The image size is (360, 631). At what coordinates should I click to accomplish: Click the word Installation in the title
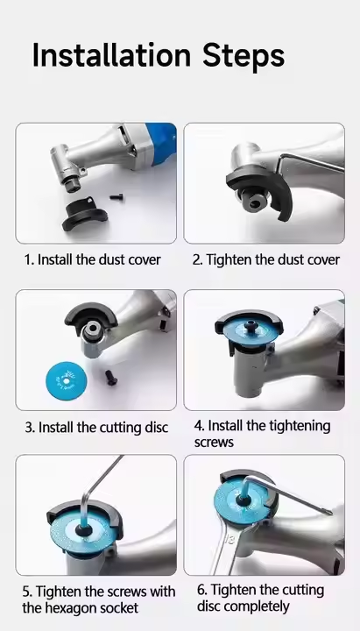[x=111, y=54]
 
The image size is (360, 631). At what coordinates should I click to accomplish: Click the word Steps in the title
[x=244, y=57]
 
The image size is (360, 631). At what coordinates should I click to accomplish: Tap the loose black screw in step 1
[x=116, y=197]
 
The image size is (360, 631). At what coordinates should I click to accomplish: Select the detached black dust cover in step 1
[x=85, y=215]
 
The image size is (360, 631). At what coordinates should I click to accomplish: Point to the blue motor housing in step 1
[x=162, y=138]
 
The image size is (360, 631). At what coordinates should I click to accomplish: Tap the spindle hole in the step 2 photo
[x=254, y=202]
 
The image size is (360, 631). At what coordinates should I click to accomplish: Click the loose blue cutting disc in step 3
[x=66, y=380]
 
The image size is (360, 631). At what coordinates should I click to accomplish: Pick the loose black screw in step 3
[x=110, y=378]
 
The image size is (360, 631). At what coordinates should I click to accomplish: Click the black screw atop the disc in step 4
[x=251, y=324]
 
